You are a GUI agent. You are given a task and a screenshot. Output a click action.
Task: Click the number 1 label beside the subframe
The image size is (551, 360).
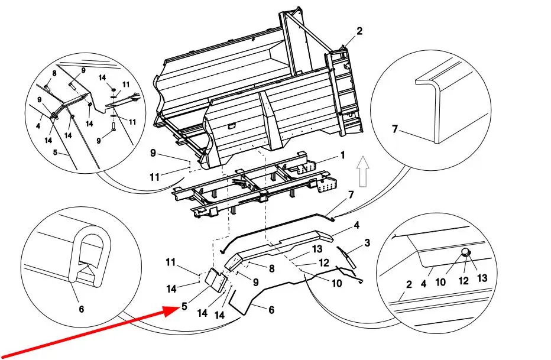coord(342,155)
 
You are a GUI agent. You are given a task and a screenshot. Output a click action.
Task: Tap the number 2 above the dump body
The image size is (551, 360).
coord(359,31)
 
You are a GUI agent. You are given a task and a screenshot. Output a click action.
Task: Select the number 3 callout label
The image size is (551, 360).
coord(367,242)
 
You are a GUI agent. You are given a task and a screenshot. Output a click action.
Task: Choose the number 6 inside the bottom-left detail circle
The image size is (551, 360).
coord(82,308)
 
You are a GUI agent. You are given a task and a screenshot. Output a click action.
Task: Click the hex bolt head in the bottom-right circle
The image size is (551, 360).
coord(465,254)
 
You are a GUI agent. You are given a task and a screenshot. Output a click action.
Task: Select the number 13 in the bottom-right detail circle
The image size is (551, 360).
coord(481,278)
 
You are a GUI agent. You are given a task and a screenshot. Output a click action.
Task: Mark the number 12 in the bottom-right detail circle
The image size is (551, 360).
coord(464,281)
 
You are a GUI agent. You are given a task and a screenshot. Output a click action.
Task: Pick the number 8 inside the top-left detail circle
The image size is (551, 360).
coord(54,73)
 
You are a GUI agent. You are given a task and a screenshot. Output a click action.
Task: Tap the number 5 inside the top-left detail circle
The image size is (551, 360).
coord(54,152)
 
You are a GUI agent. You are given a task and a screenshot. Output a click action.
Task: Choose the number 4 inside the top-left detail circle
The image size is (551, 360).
coord(37,125)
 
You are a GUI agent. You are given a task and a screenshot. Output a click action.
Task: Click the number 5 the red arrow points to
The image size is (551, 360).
coord(185,307)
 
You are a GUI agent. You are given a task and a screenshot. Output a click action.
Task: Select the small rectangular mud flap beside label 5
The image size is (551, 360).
coord(214,281)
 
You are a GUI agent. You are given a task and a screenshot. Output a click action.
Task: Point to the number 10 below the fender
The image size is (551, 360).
coord(336,283)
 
